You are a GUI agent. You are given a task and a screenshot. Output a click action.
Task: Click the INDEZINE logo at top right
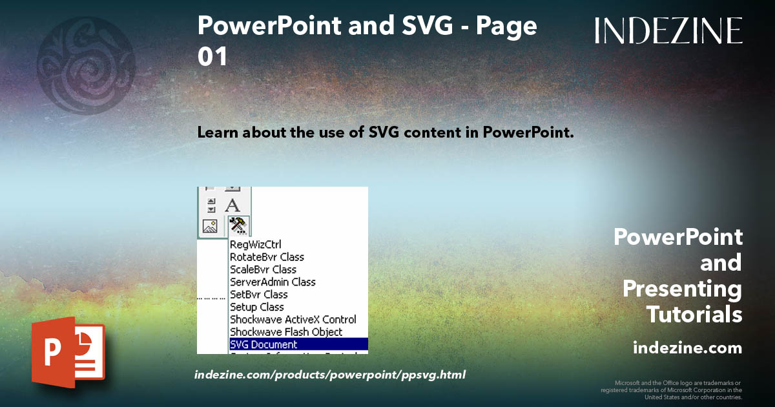point(668,30)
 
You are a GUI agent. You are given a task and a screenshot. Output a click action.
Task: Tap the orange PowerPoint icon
point(68,352)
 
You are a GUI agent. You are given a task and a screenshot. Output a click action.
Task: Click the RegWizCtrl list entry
point(255,245)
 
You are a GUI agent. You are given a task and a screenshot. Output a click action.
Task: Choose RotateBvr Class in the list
point(267,257)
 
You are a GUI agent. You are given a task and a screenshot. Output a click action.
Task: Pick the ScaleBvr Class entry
point(263,269)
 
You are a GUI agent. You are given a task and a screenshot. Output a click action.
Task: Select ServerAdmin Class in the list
point(273,282)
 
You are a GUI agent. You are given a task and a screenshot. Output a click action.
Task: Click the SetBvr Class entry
point(259,295)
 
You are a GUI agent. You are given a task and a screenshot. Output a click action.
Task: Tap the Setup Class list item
point(256,307)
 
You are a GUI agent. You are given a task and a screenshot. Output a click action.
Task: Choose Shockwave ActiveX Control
point(293,319)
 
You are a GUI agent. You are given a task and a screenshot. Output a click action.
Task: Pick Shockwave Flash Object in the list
point(286,332)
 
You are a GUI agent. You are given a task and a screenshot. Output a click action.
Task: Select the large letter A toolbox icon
point(232,205)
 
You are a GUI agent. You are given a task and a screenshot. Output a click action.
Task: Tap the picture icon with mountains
point(210,226)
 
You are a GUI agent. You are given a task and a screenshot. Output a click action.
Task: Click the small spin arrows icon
point(211,205)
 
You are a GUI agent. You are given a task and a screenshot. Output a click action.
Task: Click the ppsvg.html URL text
point(329,375)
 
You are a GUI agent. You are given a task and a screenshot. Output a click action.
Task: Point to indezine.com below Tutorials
point(687,348)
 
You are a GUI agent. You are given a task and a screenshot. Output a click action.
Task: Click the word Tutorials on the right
point(694,315)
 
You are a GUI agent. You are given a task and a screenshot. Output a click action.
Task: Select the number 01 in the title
point(212,57)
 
